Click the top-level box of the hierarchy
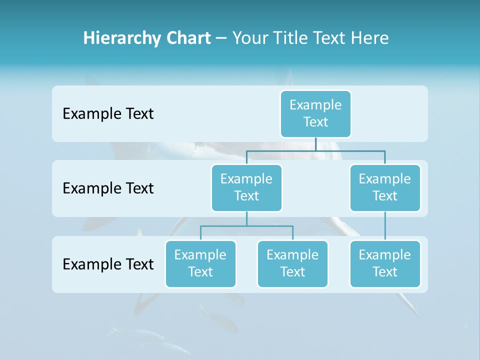pyautogui.click(x=315, y=113)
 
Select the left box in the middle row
pyautogui.click(x=246, y=187)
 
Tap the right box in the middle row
pyautogui.click(x=385, y=187)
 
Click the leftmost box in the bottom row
pyautogui.click(x=200, y=263)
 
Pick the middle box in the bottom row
pyautogui.click(x=292, y=263)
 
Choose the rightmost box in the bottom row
pyautogui.click(x=385, y=263)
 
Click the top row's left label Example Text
pyautogui.click(x=108, y=114)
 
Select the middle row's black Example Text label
pyautogui.click(x=108, y=188)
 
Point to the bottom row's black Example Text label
pyautogui.click(x=108, y=264)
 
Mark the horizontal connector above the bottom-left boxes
pyautogui.click(x=246, y=226)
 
